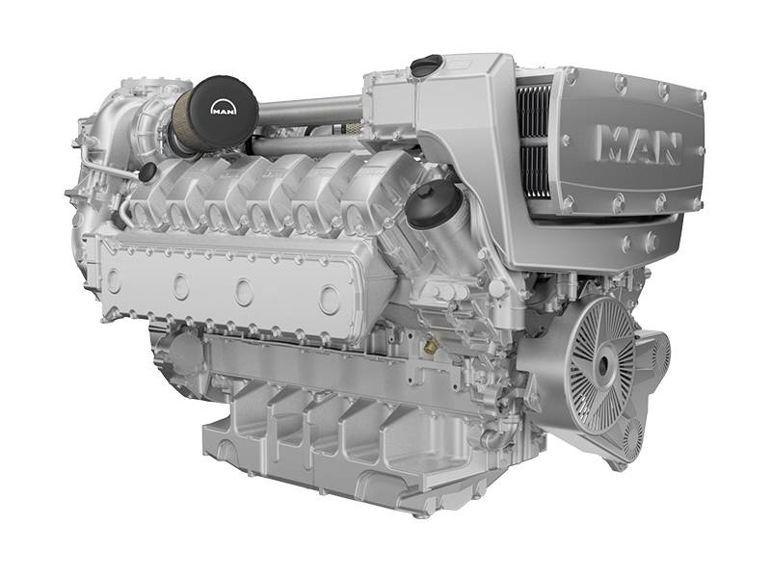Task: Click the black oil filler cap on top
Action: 425,66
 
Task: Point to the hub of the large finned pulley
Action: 603,365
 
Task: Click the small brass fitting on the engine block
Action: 431,344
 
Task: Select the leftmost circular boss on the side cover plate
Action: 114,280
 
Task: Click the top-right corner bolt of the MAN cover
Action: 700,96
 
